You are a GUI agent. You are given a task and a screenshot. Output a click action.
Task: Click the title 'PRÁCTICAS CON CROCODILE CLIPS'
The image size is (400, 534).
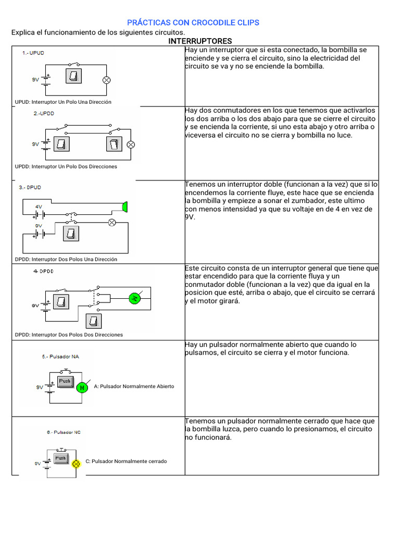[x=193, y=22]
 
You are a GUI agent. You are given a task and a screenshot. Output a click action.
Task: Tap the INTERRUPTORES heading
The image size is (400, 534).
[x=201, y=41]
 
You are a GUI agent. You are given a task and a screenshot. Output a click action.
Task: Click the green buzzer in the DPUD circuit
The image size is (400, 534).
[x=124, y=207]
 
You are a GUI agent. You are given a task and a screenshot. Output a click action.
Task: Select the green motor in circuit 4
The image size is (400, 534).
[x=135, y=298]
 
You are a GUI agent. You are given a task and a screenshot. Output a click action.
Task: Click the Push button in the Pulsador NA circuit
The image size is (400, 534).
[x=65, y=381]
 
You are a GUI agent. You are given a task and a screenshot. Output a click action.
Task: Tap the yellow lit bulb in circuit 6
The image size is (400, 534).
[x=76, y=463]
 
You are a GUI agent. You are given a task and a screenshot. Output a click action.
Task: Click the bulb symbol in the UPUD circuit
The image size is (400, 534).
[x=106, y=80]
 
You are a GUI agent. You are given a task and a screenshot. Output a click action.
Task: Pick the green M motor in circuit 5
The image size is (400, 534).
[x=81, y=387]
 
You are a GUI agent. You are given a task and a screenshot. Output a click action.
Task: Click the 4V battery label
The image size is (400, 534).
[x=39, y=207]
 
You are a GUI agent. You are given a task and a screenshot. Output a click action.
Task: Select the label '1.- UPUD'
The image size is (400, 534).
[x=33, y=53]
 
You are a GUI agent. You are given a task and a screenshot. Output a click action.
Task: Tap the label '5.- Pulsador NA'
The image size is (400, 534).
[x=60, y=357]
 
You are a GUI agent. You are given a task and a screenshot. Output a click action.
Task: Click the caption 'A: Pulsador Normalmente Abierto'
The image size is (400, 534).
[x=134, y=386]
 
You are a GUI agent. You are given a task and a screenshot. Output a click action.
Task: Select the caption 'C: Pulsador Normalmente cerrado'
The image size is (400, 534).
[x=126, y=461]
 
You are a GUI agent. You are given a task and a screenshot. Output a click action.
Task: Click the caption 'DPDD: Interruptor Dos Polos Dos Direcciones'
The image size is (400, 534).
[x=69, y=335]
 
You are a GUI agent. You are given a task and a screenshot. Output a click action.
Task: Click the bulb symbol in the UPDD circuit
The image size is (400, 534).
[x=131, y=144]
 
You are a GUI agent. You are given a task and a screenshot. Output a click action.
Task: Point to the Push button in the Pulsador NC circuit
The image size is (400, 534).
[x=60, y=458]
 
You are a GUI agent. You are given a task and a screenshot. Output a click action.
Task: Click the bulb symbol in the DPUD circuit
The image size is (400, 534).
[x=111, y=222]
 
